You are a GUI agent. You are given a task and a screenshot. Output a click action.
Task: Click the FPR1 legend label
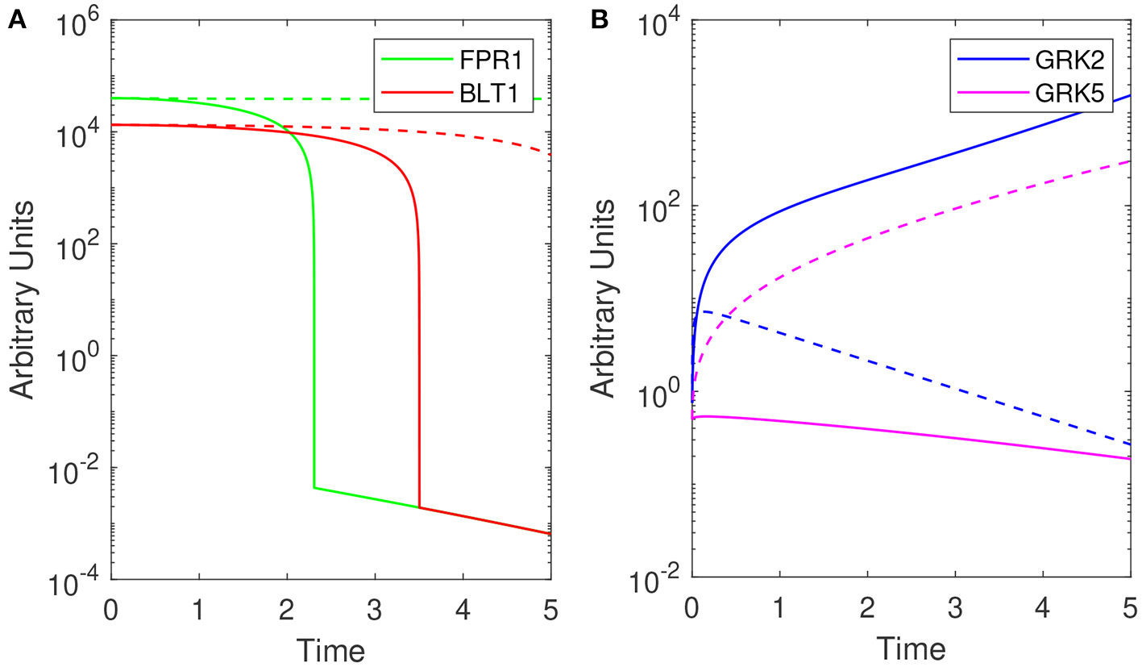click(500, 61)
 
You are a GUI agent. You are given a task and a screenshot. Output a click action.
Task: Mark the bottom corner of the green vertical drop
click(314, 488)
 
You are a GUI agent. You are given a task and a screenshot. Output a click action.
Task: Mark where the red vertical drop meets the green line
click(419, 507)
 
